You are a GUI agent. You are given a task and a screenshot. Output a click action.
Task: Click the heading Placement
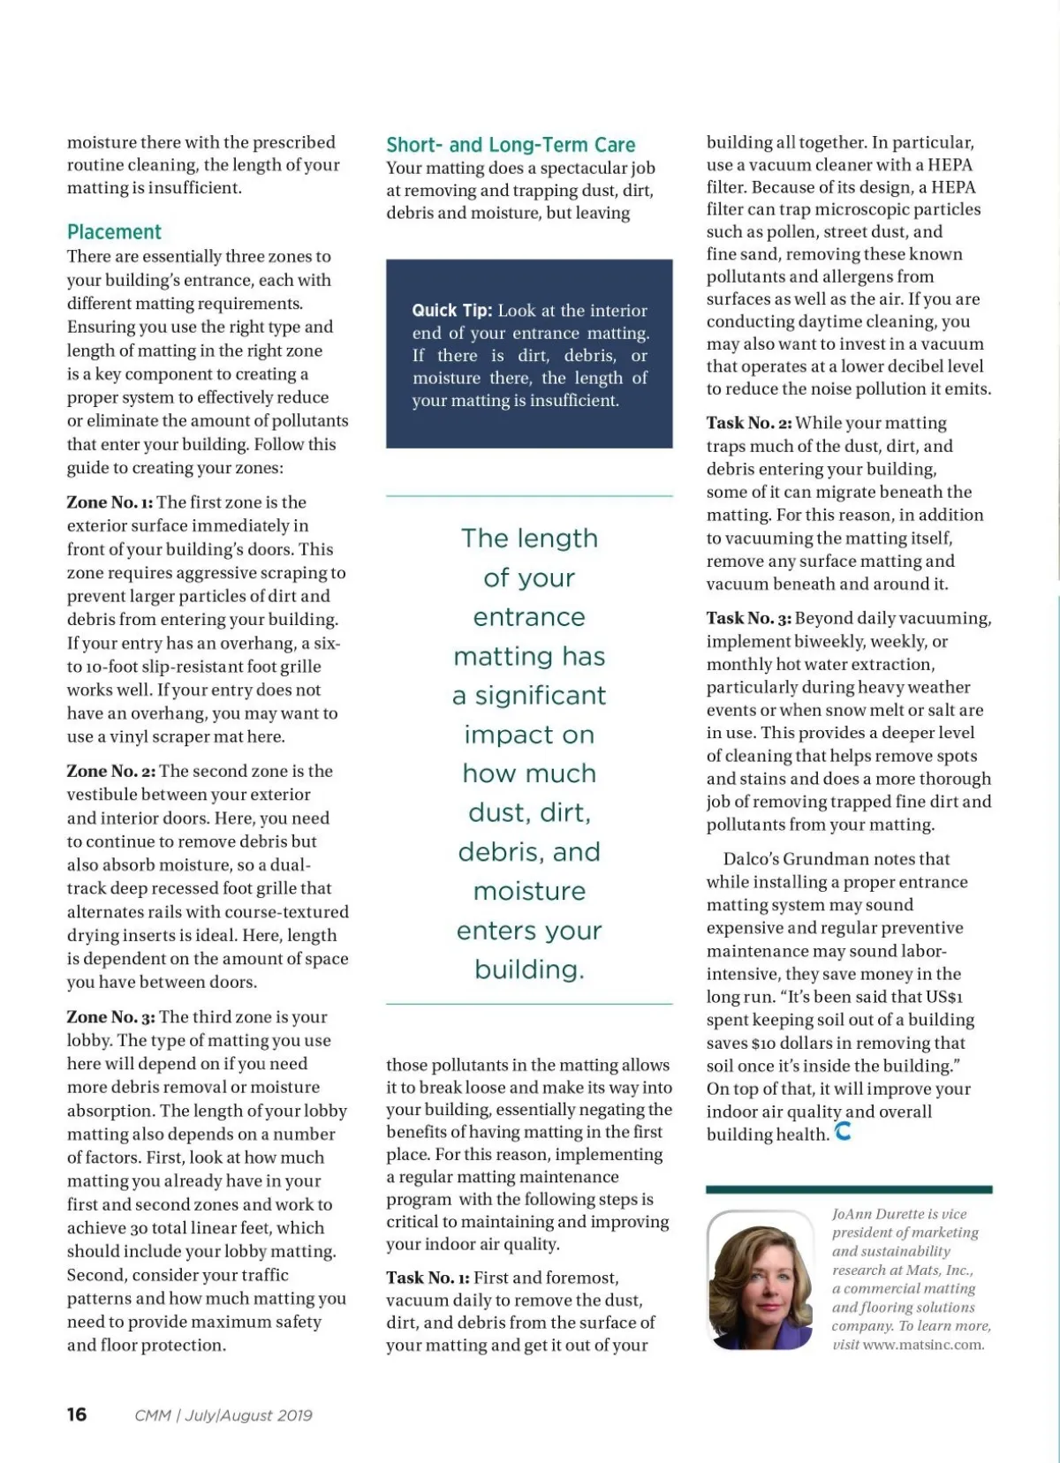pos(114,232)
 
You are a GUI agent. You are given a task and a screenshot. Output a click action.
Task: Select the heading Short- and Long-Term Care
pos(511,145)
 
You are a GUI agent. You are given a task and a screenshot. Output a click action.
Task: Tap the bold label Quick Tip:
pos(451,311)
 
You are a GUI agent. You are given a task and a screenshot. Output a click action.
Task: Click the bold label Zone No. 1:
pos(110,502)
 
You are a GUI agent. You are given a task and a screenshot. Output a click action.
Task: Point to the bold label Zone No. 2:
pos(110,771)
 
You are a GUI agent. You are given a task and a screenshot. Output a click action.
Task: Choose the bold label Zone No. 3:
pos(110,1017)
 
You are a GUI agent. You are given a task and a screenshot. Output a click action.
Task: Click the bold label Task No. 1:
pos(428,1278)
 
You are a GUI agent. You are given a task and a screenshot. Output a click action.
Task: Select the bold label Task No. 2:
pos(748,423)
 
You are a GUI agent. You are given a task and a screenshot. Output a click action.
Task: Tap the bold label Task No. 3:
pos(748,618)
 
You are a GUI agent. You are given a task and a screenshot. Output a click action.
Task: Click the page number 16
pos(77,1414)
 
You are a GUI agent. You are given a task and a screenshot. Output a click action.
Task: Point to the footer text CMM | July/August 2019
pos(223,1415)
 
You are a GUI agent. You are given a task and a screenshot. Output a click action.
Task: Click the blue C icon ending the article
pos(844,1131)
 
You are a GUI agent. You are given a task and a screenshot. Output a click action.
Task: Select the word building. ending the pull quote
pos(529,969)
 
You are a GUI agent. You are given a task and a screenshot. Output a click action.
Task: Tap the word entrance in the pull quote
pos(529,617)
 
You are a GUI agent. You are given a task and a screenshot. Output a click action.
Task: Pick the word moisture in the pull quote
pos(529,891)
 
